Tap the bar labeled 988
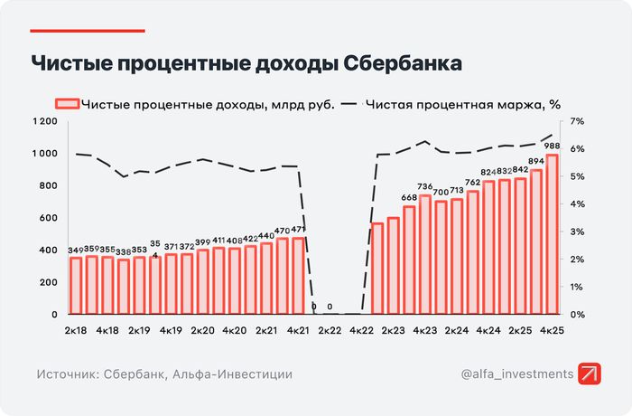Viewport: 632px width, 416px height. [551, 235]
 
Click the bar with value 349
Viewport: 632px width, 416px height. [76, 286]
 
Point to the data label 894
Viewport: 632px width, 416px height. [535, 161]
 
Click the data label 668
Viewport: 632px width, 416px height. [409, 198]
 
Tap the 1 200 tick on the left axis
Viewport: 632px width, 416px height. [42, 121]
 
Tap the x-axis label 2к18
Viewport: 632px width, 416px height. [76, 331]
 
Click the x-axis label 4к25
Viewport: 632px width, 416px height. [551, 331]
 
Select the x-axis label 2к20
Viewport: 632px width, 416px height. [202, 331]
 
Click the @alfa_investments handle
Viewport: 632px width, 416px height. [516, 373]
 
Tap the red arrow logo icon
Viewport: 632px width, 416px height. [590, 373]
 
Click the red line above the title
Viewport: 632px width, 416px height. [87, 31]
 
